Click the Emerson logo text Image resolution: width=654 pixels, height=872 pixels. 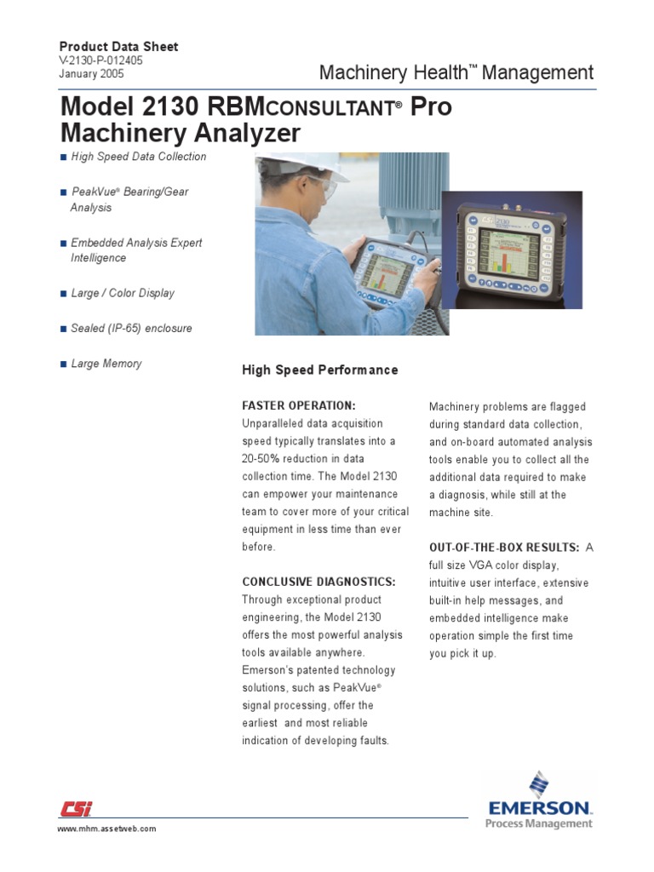539,806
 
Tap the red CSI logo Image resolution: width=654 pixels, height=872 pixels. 76,809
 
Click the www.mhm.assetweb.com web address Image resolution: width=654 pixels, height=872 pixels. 106,829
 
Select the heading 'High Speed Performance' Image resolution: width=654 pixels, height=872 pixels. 319,370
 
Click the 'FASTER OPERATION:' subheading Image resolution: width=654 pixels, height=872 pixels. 299,405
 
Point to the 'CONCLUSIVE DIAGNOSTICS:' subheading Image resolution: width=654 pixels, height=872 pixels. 318,582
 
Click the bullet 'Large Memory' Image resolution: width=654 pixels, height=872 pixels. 106,364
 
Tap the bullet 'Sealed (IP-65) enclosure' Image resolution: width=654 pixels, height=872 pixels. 131,328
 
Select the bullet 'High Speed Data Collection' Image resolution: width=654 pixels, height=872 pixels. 138,157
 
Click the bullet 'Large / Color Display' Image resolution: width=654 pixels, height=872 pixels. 123,293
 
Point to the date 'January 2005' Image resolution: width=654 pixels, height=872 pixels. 91,74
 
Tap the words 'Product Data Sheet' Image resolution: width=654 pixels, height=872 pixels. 118,47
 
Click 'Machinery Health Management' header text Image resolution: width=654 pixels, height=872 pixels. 456,73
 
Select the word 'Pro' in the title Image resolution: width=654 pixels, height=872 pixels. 430,108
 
